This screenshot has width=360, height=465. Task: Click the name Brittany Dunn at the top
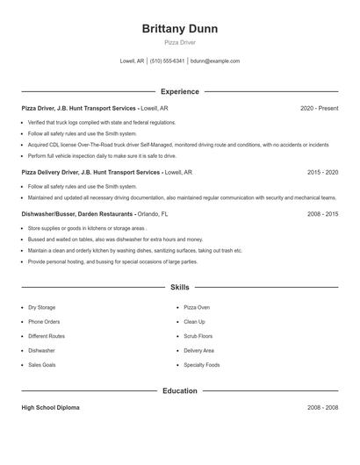click(180, 28)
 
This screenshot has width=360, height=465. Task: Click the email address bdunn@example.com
click(215, 61)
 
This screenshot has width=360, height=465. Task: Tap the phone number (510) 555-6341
click(167, 61)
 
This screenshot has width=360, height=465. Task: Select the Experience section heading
click(180, 91)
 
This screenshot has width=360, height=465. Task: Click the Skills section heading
click(180, 287)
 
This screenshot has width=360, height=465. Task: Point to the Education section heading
click(180, 390)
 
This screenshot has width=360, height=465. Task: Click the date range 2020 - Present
click(319, 108)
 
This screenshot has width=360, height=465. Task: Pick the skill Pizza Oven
click(197, 308)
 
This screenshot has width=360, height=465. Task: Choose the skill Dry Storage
click(41, 308)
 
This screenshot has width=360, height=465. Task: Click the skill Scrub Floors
click(198, 336)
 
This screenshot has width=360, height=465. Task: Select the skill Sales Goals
click(42, 364)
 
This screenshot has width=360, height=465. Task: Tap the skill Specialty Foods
click(202, 364)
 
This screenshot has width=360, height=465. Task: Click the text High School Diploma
click(51, 408)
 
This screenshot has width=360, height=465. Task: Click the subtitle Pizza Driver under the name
click(180, 42)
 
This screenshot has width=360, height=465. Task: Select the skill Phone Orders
click(43, 322)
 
